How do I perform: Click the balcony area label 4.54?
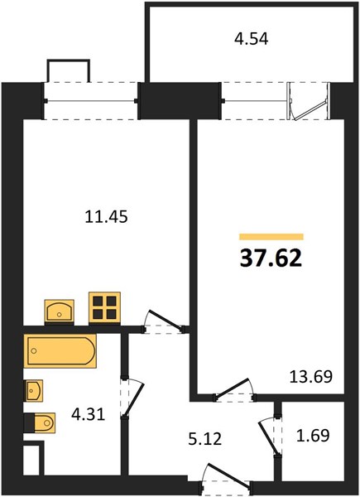tap(251, 39)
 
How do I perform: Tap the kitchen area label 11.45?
tap(107, 217)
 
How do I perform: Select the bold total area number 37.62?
tap(271, 258)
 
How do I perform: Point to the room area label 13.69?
tap(311, 377)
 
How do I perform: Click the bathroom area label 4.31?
tap(88, 414)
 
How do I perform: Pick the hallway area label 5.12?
tap(205, 439)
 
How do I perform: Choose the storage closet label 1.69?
tap(313, 435)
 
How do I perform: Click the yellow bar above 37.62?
tap(271, 237)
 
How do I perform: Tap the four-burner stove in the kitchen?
tap(104, 307)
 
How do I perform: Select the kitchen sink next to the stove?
tap(60, 311)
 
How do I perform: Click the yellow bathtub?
tap(60, 351)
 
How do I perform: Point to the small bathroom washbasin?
tap(34, 390)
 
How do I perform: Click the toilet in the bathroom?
tap(41, 422)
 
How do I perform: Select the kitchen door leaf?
tap(166, 320)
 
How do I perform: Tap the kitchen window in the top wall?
tap(91, 101)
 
